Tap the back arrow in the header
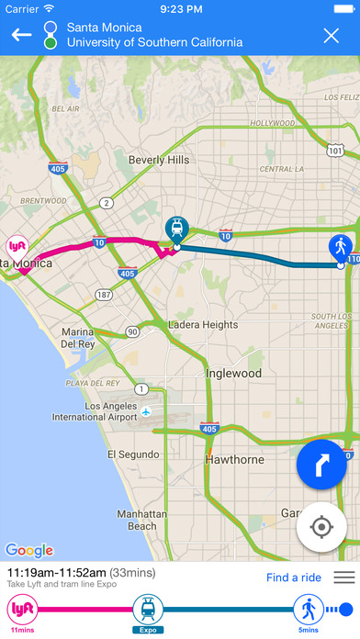[21, 35]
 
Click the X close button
[332, 36]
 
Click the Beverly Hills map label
[159, 160]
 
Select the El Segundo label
[134, 454]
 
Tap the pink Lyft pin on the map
[16, 248]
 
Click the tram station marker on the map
[174, 230]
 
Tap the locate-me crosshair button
[321, 528]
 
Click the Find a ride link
[294, 577]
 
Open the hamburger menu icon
[343, 577]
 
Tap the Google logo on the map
[29, 550]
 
